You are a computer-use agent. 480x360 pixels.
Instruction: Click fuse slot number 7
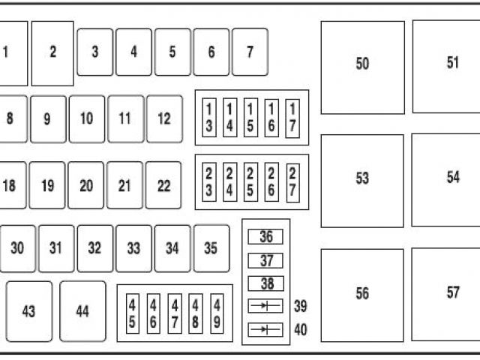pos(250,52)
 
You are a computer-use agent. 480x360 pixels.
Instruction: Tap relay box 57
pos(452,292)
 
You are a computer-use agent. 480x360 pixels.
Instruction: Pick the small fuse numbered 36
pos(265,238)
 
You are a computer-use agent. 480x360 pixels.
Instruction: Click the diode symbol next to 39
pos(265,306)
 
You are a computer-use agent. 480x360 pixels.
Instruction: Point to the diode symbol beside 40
pos(265,329)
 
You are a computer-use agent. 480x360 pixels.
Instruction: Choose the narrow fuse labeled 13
pos(209,118)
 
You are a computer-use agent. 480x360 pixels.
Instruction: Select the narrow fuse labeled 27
pos(292,182)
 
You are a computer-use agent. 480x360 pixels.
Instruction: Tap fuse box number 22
pos(163,185)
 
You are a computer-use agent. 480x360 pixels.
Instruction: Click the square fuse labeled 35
pos(211,247)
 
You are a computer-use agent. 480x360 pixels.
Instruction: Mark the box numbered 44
pos(82,310)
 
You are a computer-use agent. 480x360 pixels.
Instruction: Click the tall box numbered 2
pos(52,52)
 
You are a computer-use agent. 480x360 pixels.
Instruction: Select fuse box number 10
pos(87,118)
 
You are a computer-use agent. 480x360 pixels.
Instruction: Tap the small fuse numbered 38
pos(265,283)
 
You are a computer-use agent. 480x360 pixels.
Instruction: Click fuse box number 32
pos(94,247)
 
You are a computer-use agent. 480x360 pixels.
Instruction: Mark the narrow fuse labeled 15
pos(250,118)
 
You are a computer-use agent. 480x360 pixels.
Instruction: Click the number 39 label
pos(301,306)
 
